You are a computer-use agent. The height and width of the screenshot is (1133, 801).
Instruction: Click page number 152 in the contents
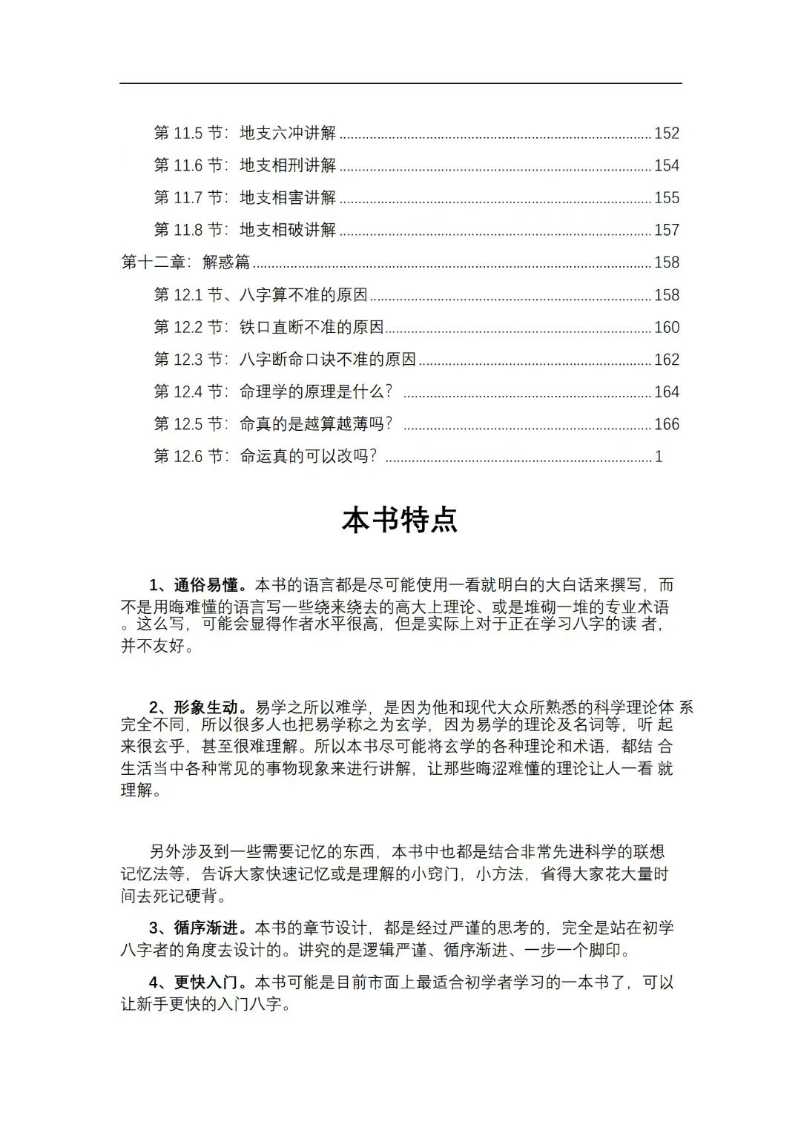[x=666, y=133]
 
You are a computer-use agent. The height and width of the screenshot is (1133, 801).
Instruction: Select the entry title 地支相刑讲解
[x=288, y=165]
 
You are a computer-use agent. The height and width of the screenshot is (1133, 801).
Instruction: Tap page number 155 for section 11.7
[x=666, y=198]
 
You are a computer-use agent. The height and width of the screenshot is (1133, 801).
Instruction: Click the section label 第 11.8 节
[x=190, y=230]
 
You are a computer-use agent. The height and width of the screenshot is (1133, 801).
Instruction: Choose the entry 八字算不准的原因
[x=303, y=295]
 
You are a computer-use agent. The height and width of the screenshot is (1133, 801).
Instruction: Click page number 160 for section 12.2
[x=666, y=328]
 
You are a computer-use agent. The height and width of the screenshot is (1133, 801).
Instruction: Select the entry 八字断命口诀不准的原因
[x=328, y=360]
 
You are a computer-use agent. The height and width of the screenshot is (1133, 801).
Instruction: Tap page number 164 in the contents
[x=666, y=392]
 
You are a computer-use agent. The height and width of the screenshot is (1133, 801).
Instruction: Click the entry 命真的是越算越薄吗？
[x=316, y=424]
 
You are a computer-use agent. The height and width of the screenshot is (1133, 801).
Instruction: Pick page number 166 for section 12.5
[x=666, y=424]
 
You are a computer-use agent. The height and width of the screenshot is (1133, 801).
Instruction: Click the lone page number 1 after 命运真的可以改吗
[x=659, y=457]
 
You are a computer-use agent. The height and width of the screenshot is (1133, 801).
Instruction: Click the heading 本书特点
[x=400, y=520]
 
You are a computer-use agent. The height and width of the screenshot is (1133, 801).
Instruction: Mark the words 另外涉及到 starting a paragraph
[x=190, y=852]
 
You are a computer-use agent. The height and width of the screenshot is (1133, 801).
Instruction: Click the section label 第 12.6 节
[x=190, y=457]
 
